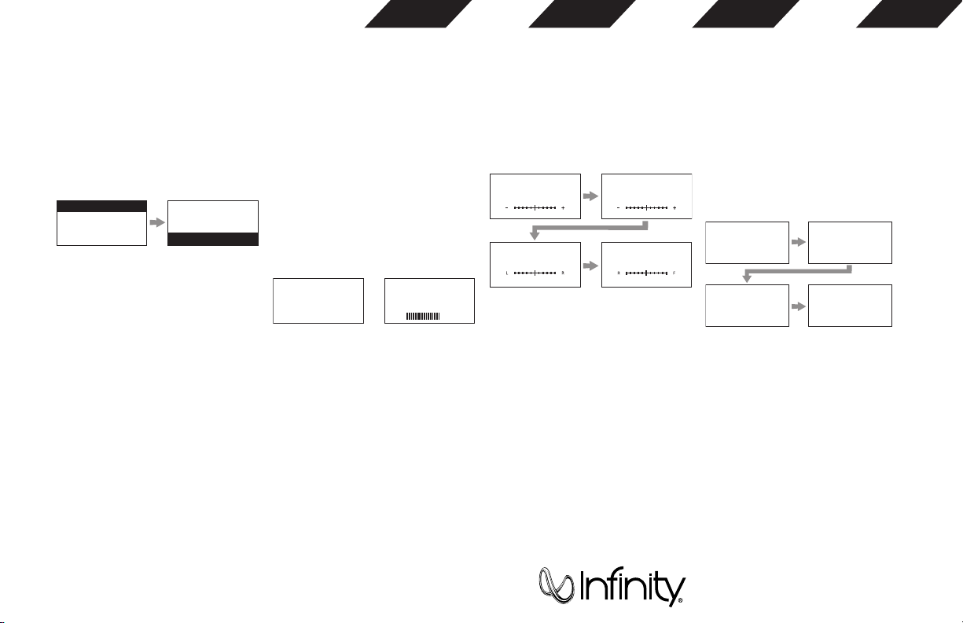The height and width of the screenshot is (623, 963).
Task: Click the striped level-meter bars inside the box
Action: click(x=423, y=316)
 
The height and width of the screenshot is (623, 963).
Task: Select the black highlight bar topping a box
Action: click(x=102, y=206)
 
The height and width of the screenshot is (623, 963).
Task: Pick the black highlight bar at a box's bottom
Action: click(x=213, y=240)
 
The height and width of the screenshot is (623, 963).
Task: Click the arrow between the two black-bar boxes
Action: click(x=157, y=223)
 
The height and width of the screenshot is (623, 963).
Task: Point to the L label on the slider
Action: click(x=507, y=273)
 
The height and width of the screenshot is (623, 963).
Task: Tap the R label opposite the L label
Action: click(x=563, y=273)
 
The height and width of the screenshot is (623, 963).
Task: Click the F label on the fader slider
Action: click(x=674, y=273)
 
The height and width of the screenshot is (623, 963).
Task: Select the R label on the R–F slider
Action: click(x=619, y=273)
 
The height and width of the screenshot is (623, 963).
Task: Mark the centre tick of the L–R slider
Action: click(x=535, y=273)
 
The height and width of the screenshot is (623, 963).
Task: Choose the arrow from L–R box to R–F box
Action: click(x=590, y=265)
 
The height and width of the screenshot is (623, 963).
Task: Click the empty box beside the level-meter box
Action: click(x=318, y=300)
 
